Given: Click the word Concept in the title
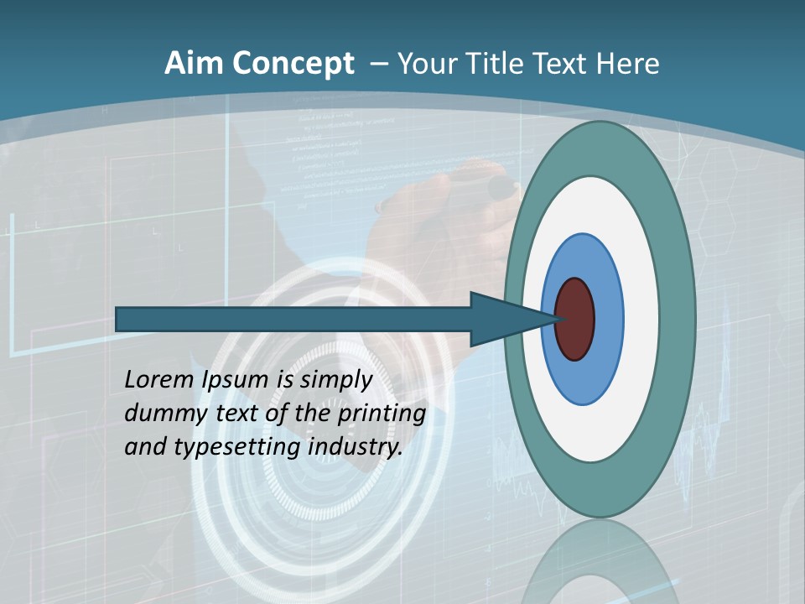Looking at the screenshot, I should (x=293, y=64).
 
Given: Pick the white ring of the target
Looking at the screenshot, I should (x=641, y=319).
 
